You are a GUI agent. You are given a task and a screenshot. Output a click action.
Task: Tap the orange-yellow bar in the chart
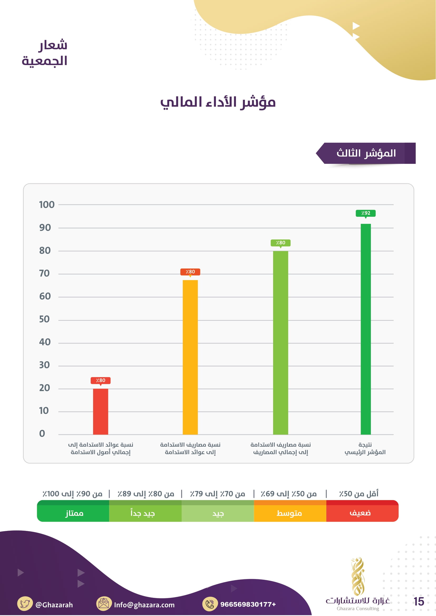(190, 357)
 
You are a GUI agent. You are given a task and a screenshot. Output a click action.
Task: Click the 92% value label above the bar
(366, 213)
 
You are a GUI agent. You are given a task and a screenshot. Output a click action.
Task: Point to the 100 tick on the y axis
(47, 205)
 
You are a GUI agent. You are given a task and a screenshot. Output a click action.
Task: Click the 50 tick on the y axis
(45, 319)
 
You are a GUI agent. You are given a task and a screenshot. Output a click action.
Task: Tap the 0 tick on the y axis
(42, 434)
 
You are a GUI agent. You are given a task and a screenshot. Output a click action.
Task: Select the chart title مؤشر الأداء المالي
(218, 102)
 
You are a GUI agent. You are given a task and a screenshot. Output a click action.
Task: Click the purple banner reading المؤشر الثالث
(366, 154)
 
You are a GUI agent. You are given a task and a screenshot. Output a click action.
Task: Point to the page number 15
(419, 602)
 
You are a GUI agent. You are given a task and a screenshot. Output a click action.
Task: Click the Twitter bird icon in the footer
(25, 604)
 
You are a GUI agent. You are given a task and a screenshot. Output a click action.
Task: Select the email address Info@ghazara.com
(144, 605)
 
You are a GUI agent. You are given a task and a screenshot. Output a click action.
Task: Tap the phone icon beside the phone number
(210, 604)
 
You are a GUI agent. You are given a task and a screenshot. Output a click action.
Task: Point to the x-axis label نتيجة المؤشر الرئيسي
(365, 449)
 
